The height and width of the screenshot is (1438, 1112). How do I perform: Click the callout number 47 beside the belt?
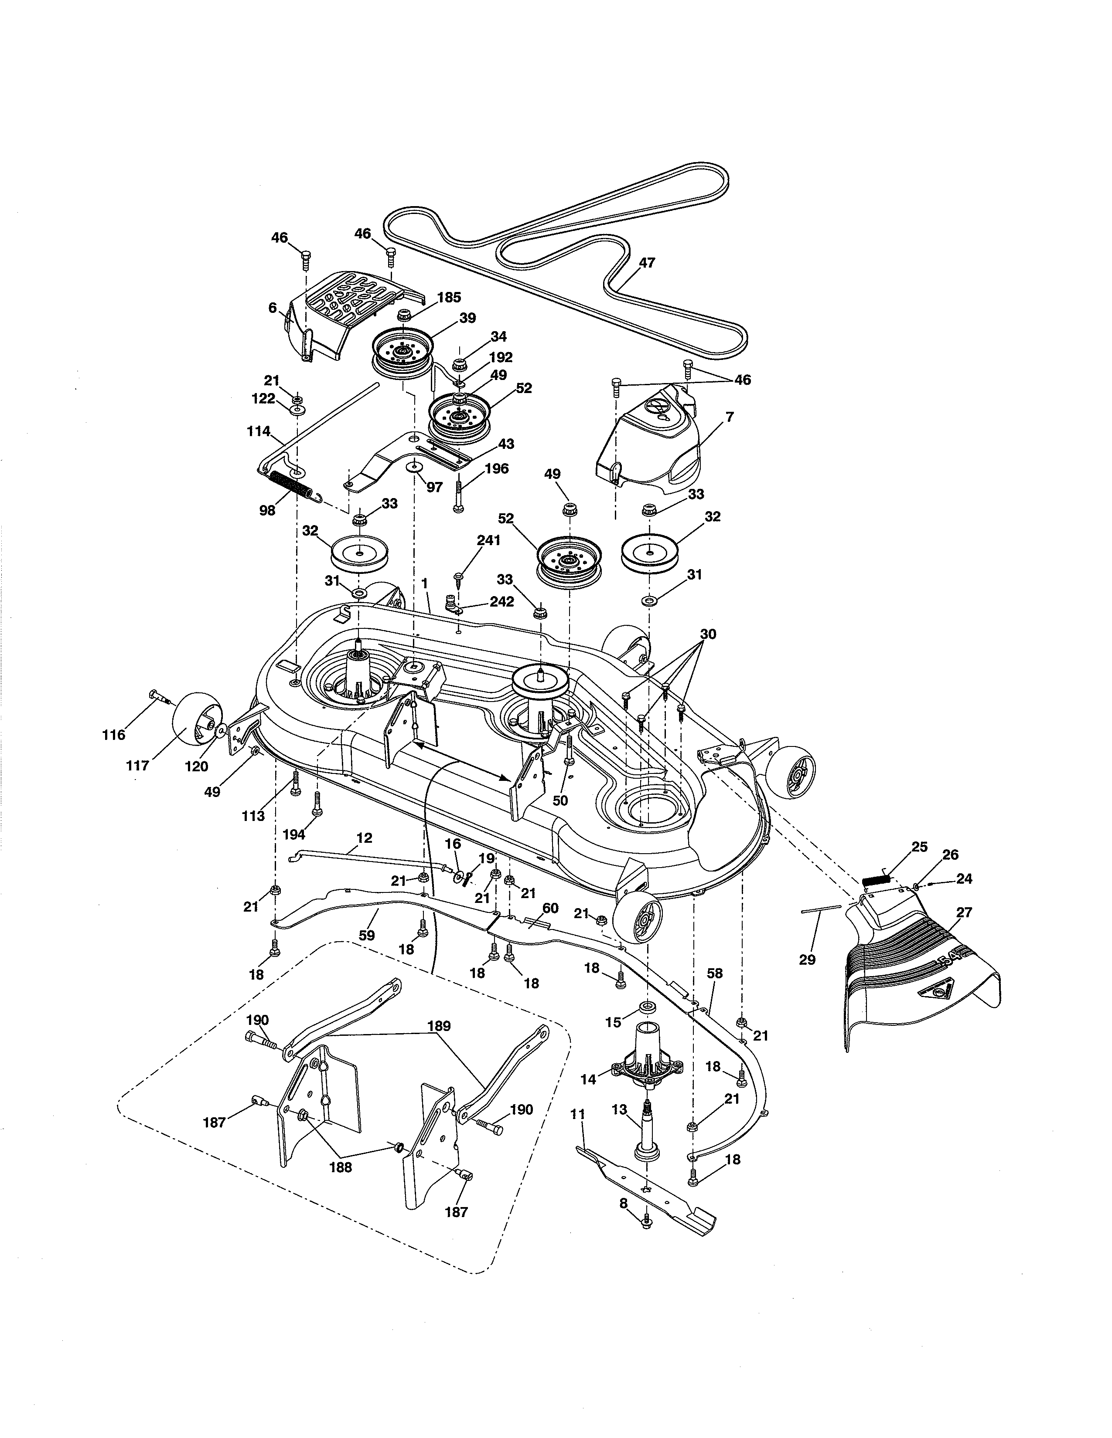[x=647, y=263]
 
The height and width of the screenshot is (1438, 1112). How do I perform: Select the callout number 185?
[x=449, y=298]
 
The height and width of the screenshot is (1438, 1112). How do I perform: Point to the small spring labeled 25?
[x=876, y=878]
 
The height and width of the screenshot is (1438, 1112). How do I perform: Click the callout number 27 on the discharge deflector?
[x=964, y=912]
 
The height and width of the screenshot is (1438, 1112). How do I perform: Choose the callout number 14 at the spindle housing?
[x=588, y=1079]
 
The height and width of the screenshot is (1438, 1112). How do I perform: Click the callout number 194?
[x=294, y=835]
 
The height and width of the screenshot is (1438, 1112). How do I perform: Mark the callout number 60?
[x=549, y=908]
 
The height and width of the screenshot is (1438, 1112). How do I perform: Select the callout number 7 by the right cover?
[x=729, y=417]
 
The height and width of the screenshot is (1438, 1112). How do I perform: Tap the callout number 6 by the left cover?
[x=272, y=308]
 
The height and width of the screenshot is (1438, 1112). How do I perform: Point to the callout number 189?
[x=438, y=1026]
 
